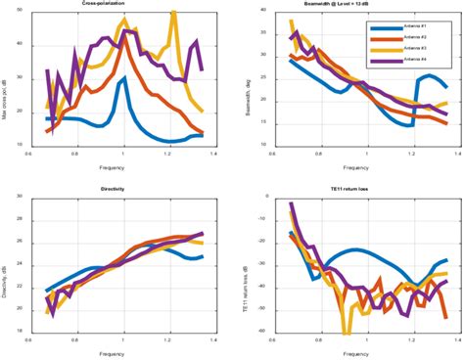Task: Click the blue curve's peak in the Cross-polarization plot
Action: (123, 79)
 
